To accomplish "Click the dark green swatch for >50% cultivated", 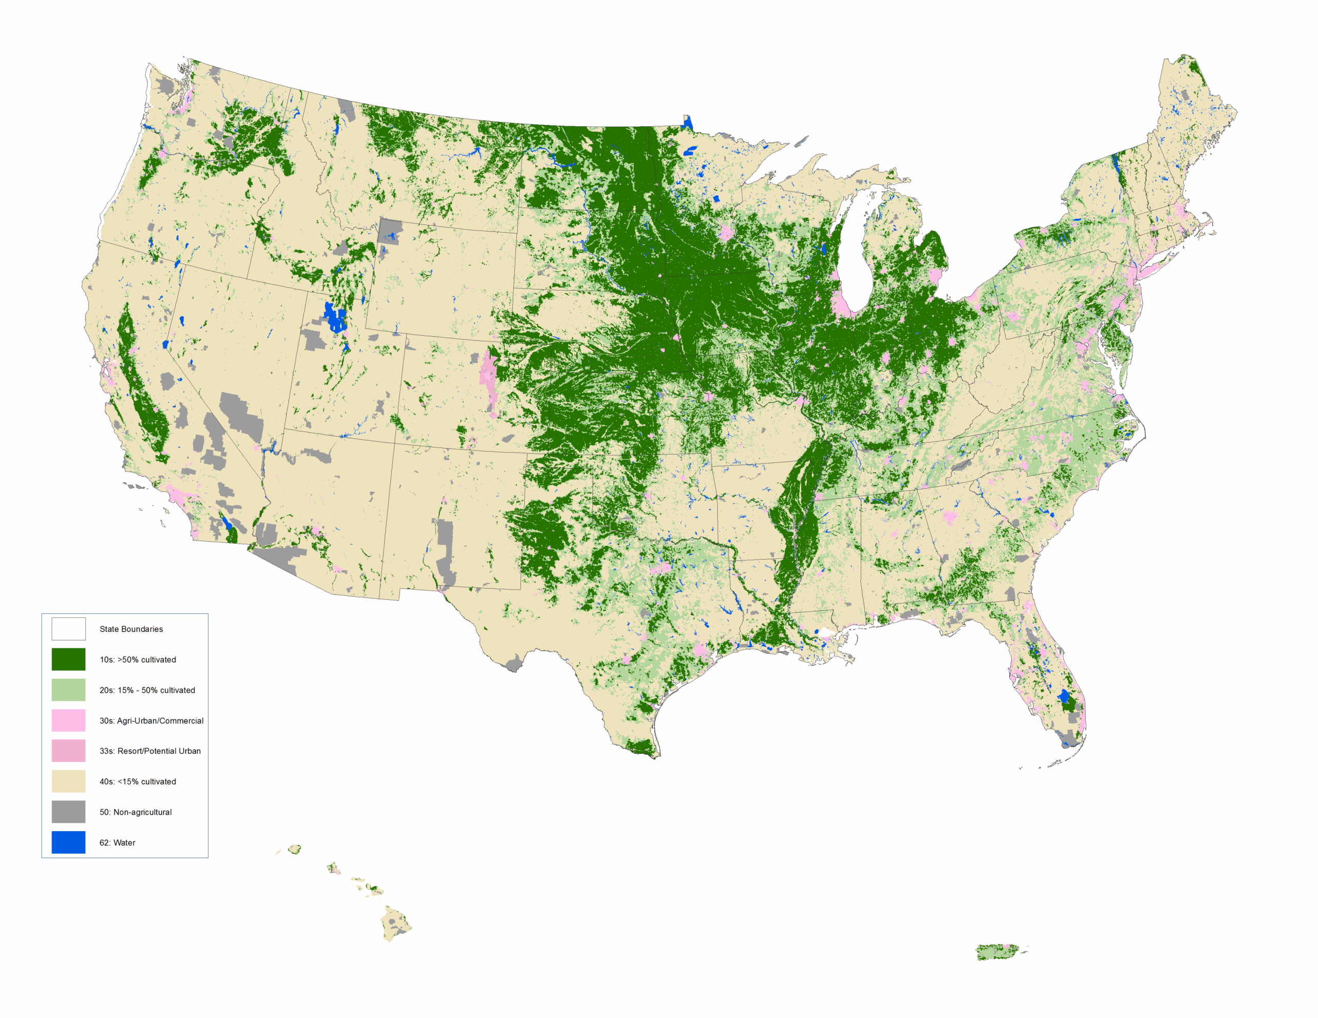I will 68,659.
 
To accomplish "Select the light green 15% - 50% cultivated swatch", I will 68,689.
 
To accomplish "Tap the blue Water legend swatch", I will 68,842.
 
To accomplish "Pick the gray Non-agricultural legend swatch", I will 68,812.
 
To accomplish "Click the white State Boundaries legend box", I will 68,629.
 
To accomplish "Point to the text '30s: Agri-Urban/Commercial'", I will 151,720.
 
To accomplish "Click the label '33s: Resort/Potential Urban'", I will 150,751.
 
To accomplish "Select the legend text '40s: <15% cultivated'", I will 137,782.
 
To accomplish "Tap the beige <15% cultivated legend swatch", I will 68,782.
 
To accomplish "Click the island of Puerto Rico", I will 999,952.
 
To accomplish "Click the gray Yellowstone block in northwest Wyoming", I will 390,231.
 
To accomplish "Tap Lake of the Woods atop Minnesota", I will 687,123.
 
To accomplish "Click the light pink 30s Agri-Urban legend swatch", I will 68,720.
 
